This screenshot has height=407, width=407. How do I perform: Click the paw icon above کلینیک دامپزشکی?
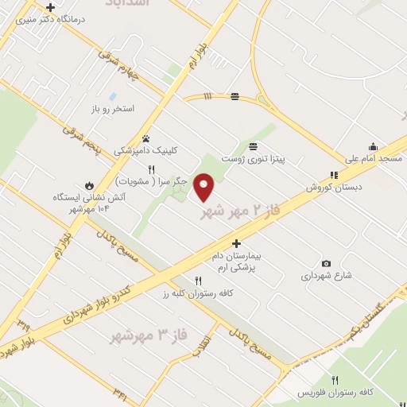point(145,138)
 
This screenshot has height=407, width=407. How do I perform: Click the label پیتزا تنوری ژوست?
point(253,159)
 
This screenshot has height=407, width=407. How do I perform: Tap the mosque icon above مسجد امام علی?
point(372,146)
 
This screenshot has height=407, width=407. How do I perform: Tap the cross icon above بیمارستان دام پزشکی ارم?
point(236,243)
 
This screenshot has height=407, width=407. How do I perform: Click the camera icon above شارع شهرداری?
point(326,263)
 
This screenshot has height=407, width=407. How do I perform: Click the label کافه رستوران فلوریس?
point(334,393)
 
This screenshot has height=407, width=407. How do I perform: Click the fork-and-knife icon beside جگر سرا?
point(151,169)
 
